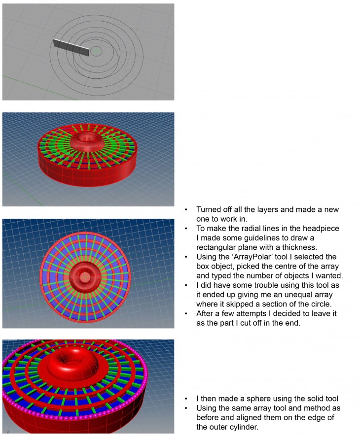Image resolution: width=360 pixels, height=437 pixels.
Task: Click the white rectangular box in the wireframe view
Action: click(x=71, y=47)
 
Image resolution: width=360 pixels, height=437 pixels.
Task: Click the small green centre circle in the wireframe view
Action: click(x=96, y=51)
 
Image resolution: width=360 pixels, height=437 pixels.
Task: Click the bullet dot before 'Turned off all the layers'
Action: click(x=186, y=210)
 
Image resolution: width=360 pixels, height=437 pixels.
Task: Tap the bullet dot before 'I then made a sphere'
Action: click(x=186, y=398)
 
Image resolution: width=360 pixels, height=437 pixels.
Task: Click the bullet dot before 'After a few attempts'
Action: click(x=186, y=313)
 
